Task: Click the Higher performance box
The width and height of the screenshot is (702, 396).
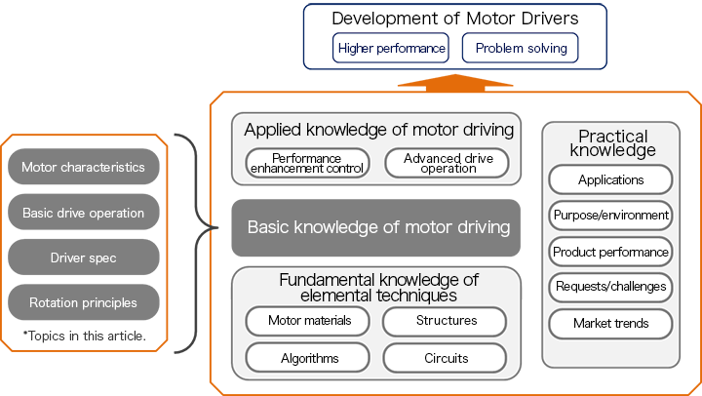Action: point(390,48)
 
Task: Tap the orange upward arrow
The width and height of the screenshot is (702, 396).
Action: point(454,82)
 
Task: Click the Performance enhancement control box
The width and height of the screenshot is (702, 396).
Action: point(307,163)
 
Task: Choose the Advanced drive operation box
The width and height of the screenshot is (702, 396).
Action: point(448,163)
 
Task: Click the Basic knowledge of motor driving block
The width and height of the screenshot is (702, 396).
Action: point(376,228)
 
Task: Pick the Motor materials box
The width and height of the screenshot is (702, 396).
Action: point(307,321)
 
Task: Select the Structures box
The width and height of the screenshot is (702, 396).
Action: point(446,321)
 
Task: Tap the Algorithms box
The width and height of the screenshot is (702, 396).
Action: point(307,358)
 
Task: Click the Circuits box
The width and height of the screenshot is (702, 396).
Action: point(446,358)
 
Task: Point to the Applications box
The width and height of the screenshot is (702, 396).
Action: point(610,179)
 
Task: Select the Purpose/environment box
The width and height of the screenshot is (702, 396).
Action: point(610,216)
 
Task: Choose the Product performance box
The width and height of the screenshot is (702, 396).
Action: point(610,252)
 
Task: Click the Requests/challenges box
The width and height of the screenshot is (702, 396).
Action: point(610,287)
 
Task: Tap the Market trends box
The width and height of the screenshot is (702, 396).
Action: point(610,323)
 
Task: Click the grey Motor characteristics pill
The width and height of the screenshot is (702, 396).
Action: point(83,167)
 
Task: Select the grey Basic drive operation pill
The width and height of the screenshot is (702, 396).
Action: point(83,213)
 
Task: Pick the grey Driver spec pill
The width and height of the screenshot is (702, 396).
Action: point(83,257)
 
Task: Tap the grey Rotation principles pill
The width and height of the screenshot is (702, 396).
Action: point(83,302)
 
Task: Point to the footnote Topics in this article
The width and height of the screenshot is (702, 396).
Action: point(84,336)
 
